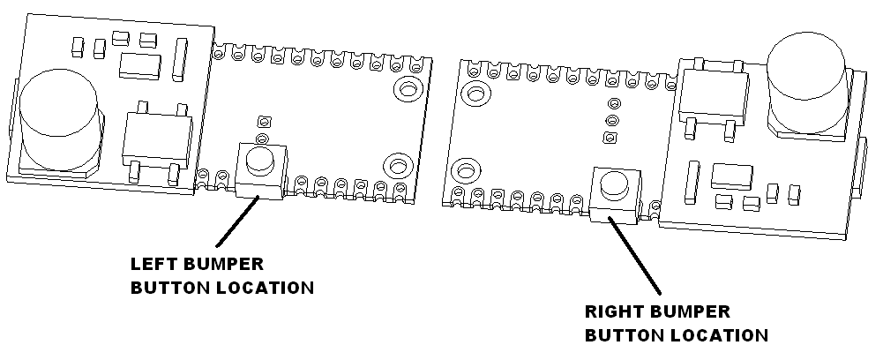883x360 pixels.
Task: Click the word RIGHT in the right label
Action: [x=613, y=311]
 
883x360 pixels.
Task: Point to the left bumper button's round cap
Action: [x=259, y=160]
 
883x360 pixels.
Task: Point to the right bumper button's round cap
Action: [x=614, y=184]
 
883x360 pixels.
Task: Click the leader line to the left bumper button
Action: [x=237, y=221]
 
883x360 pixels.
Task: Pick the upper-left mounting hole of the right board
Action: [x=475, y=93]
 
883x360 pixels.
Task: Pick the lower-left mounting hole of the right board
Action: [x=468, y=169]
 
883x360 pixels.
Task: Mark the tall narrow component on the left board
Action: [x=181, y=57]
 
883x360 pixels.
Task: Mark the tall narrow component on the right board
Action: [x=691, y=182]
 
